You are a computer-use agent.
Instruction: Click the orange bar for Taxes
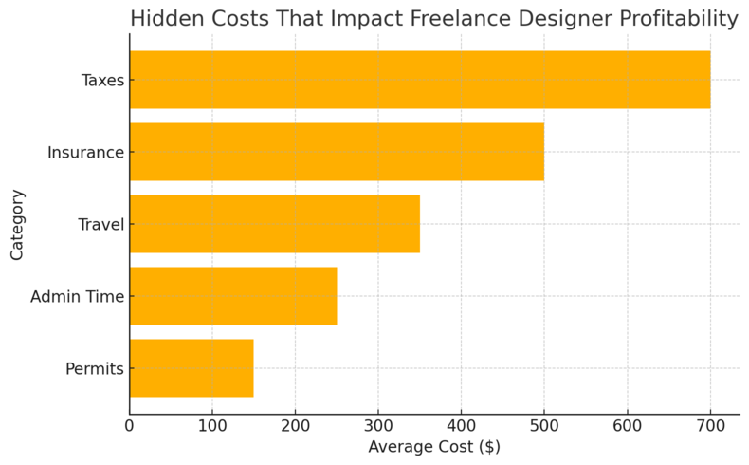click(419, 80)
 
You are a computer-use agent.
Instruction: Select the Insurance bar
click(337, 152)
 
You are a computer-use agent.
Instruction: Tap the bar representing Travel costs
click(274, 224)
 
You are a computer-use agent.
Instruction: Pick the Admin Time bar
click(232, 296)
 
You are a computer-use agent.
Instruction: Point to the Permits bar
click(191, 368)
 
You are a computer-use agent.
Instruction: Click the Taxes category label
click(102, 81)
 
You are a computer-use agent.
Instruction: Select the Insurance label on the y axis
click(85, 153)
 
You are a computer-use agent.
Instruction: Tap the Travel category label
click(100, 225)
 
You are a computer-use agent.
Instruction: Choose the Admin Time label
click(77, 297)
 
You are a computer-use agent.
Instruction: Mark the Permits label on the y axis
click(95, 369)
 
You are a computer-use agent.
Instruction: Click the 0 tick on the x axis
click(130, 425)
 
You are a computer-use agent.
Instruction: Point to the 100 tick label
click(212, 425)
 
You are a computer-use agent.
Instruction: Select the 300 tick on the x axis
click(378, 425)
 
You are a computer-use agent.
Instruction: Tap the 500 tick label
click(544, 425)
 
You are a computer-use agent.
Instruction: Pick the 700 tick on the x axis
click(710, 425)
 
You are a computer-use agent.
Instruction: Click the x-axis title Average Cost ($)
click(433, 447)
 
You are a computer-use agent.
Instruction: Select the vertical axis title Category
click(18, 224)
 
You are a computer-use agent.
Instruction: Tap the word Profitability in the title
click(667, 19)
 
